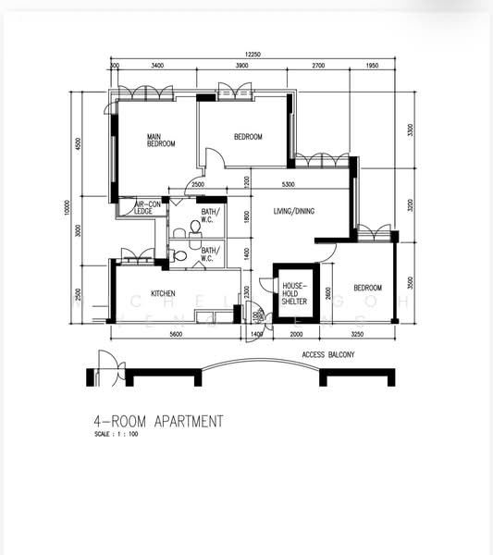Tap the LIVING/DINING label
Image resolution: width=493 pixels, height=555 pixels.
(293, 212)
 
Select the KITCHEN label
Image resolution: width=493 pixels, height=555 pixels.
(164, 294)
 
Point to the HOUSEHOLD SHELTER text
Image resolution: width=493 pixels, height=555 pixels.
(294, 293)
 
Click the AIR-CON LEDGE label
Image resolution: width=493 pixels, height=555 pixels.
(147, 208)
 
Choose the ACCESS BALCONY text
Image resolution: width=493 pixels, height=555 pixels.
(328, 354)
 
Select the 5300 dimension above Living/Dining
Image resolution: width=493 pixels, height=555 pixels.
(289, 184)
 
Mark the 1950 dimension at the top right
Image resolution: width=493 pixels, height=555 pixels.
(372, 67)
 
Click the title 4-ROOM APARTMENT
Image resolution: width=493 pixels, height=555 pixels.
(158, 421)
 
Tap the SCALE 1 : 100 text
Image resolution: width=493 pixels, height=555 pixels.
(116, 434)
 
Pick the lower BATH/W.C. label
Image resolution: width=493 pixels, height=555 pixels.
(209, 251)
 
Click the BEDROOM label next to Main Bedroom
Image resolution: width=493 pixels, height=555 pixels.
(247, 137)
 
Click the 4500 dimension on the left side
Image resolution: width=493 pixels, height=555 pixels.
(79, 148)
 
